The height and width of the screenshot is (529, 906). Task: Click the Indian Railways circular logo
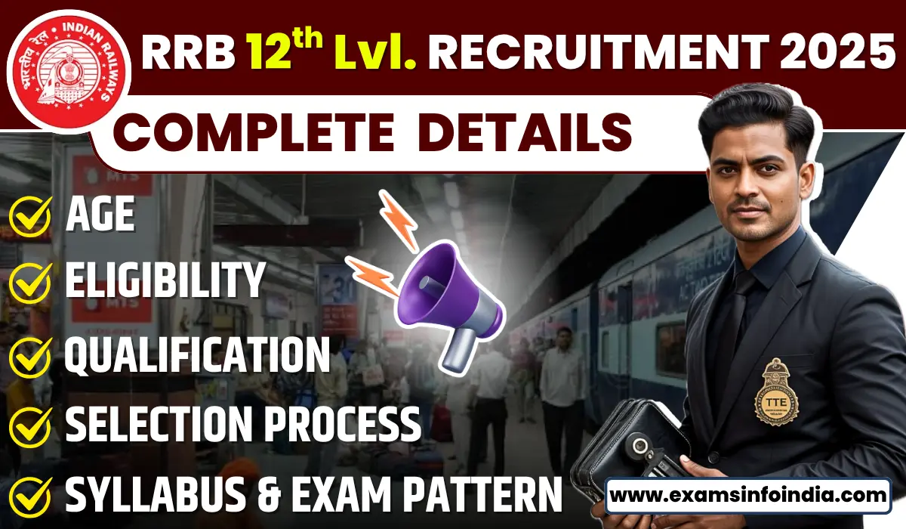click(73, 65)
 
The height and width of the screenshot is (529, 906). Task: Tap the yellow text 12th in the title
click(283, 54)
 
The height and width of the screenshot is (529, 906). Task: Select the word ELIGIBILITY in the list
click(165, 281)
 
